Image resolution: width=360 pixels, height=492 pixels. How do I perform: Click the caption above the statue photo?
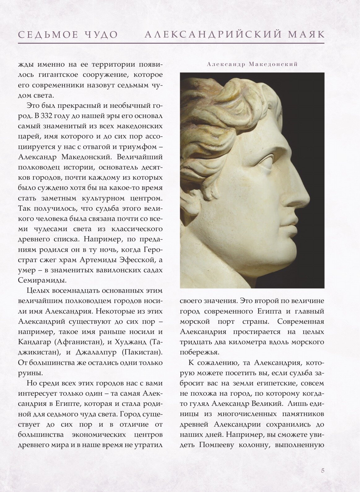[x=252, y=64]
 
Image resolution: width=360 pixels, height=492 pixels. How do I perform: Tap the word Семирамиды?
[x=37, y=280]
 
